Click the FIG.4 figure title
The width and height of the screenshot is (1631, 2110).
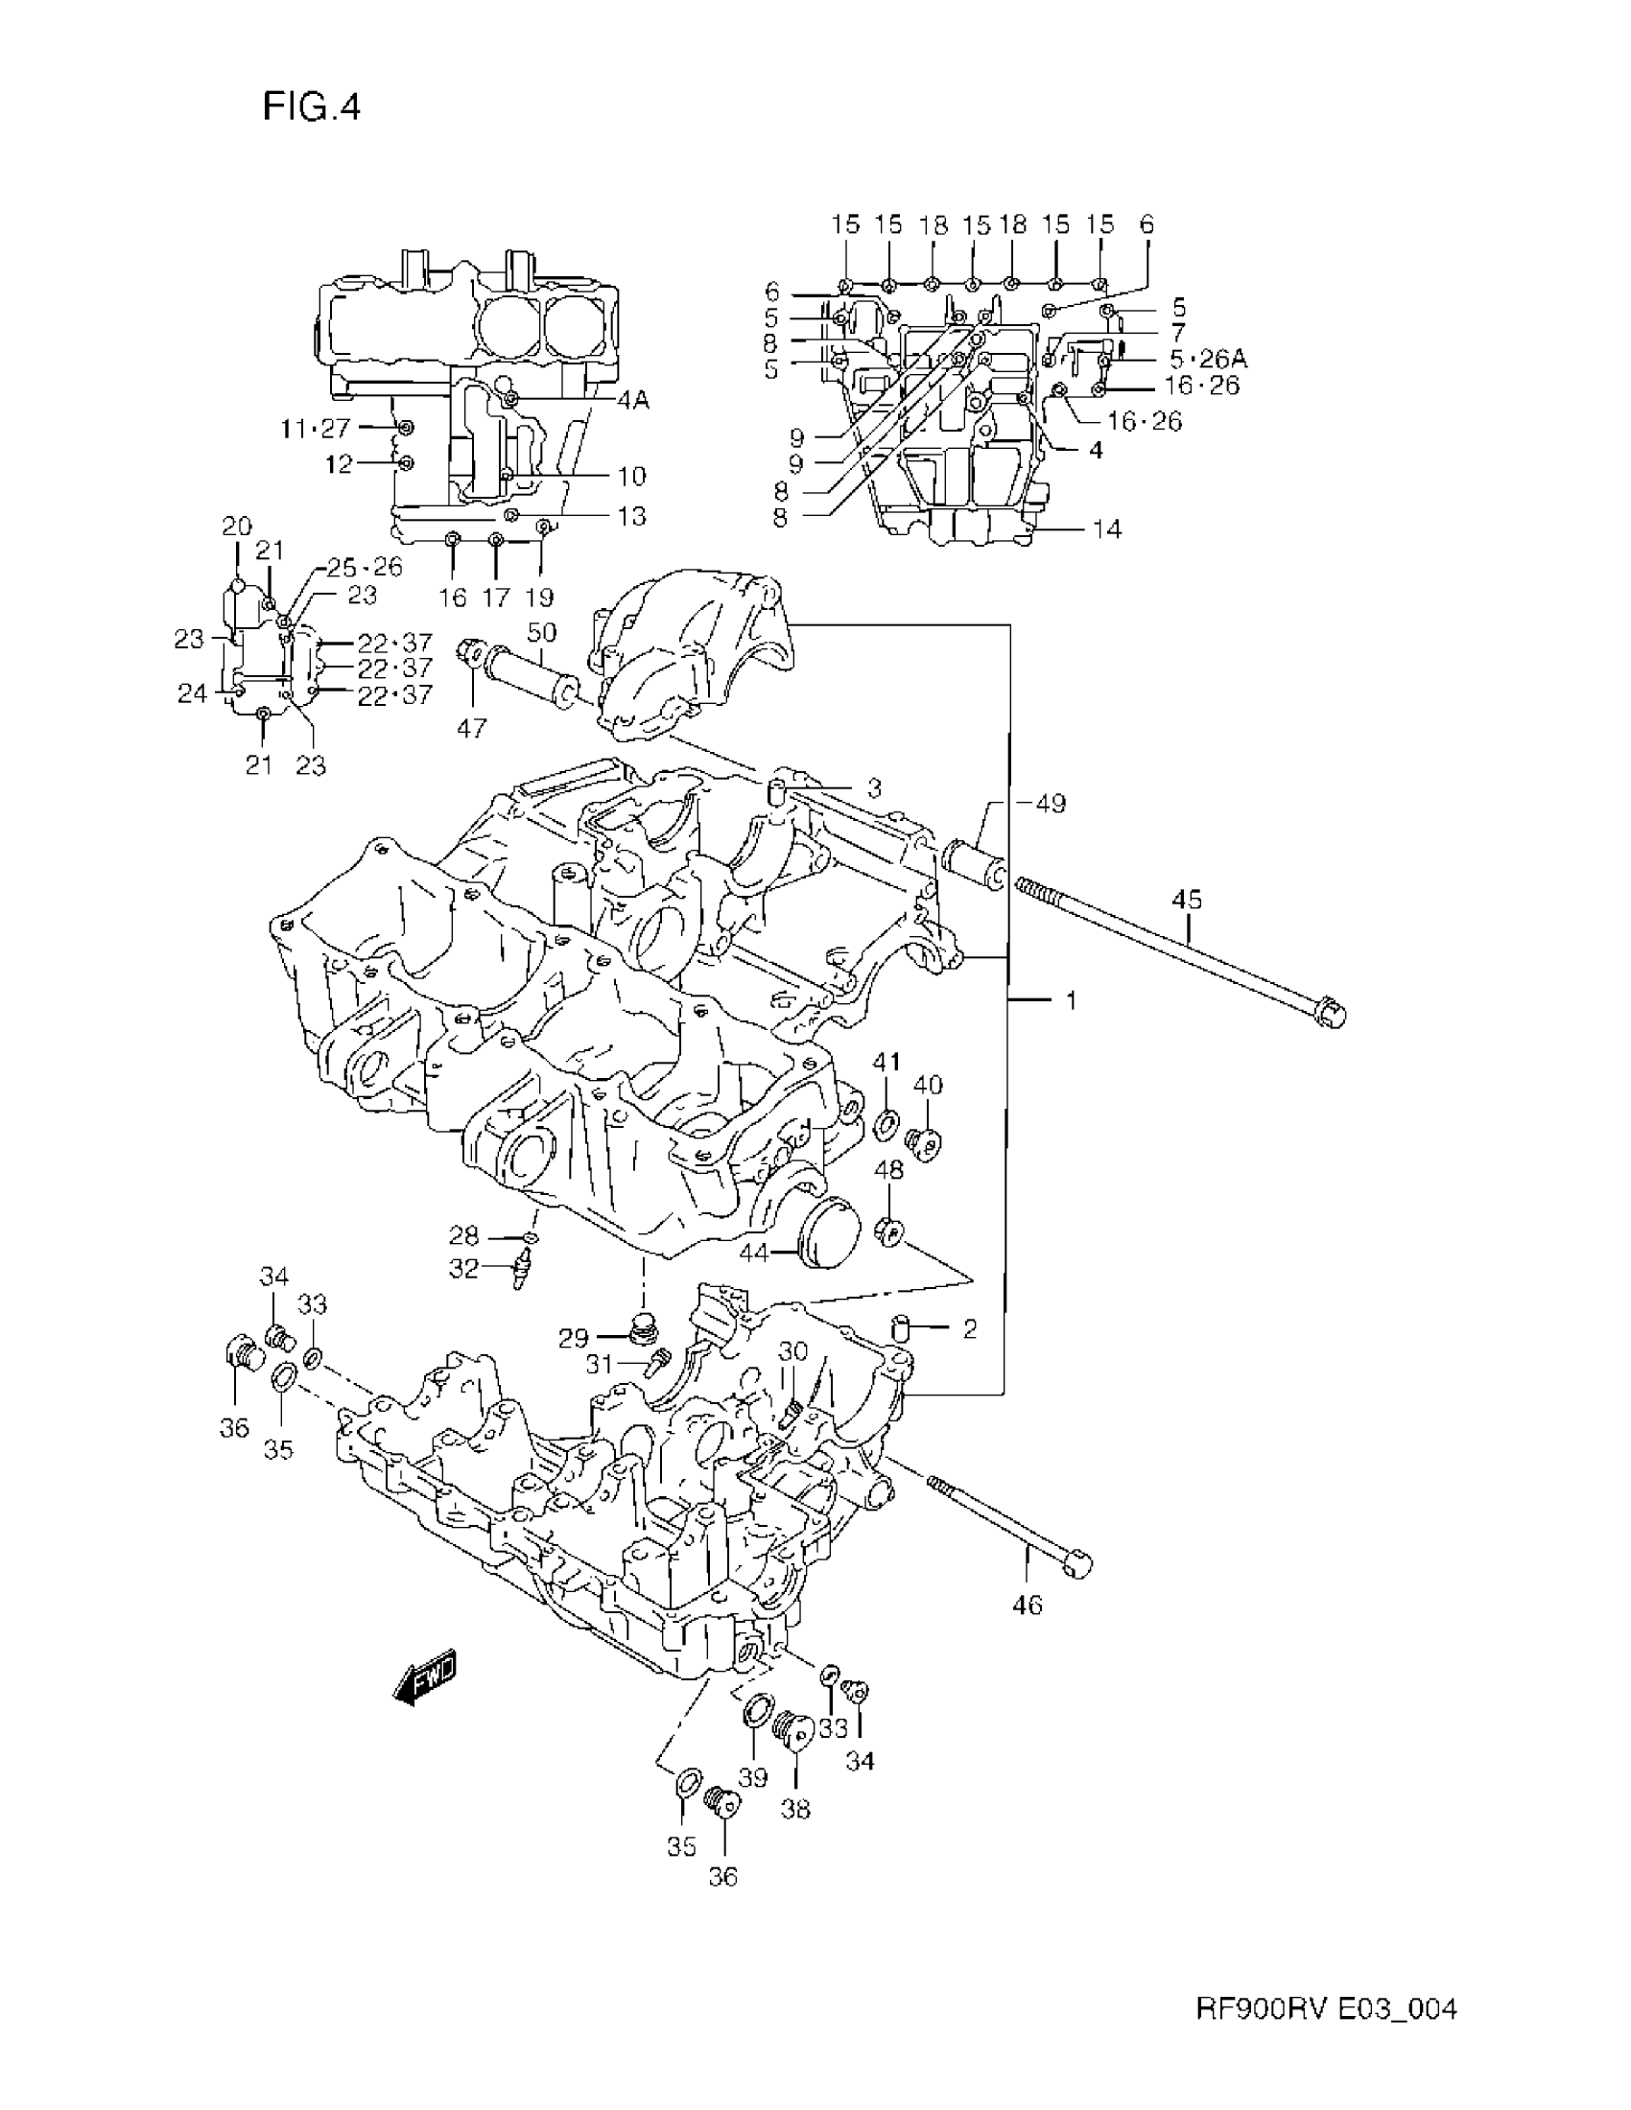coord(311,107)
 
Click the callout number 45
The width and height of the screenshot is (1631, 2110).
coord(1187,900)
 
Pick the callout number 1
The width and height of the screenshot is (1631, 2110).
coord(1071,1001)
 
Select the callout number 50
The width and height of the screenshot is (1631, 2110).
coord(541,633)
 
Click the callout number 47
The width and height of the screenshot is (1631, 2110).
coord(471,728)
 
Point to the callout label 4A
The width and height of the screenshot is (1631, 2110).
coord(633,400)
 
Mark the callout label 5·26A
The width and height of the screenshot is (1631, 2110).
coord(1208,359)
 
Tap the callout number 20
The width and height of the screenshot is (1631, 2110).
coord(237,527)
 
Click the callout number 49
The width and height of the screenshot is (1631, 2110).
coord(1049,803)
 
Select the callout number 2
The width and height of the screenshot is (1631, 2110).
coord(969,1330)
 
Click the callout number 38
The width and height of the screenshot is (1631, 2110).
coord(795,1809)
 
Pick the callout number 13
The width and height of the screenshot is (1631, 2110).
coord(631,517)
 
